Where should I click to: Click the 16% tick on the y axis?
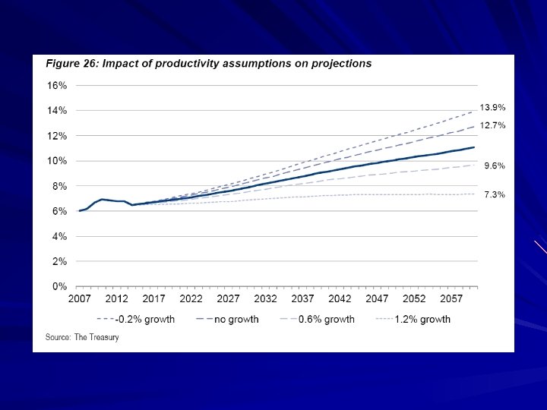point(58,86)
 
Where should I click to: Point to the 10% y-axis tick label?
point(58,161)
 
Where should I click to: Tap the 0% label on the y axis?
point(60,287)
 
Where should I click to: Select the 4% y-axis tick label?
point(60,237)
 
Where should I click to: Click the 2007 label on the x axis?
point(80,299)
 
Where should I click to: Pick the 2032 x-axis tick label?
point(265,299)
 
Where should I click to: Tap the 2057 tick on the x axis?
point(451,299)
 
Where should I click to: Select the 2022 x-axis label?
point(191,299)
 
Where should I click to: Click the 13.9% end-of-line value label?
point(492,108)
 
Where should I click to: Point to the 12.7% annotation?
point(492,126)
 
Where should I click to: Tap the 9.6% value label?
point(495,166)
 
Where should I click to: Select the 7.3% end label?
point(495,195)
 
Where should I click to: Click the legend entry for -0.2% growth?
point(136,319)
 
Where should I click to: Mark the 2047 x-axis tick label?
point(377,299)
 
